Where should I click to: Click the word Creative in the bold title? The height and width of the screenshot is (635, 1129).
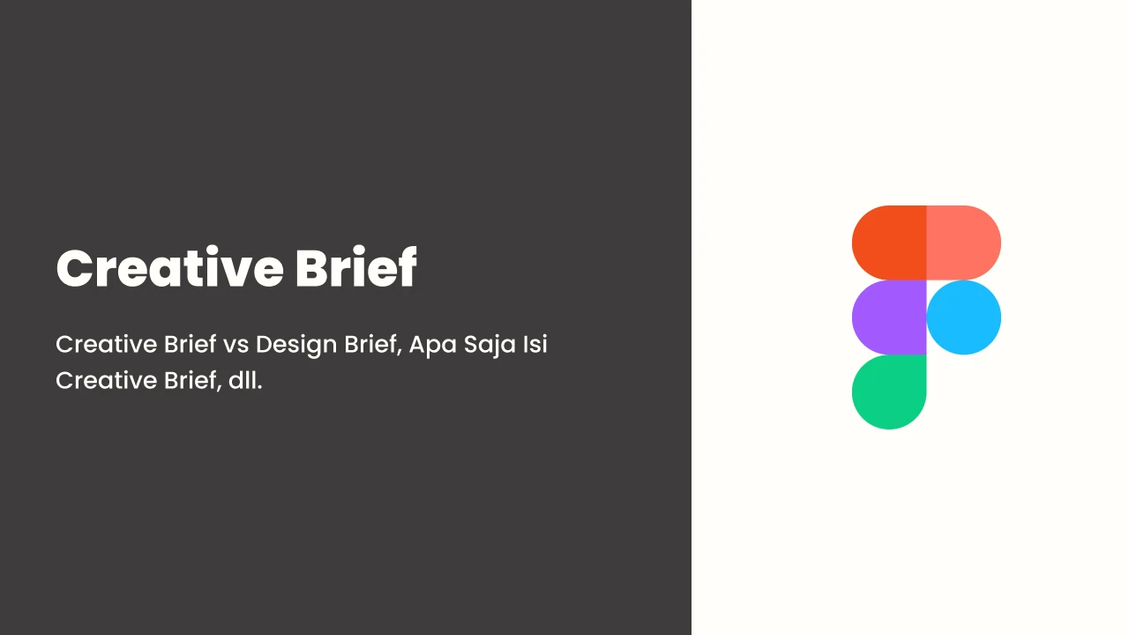[170, 267]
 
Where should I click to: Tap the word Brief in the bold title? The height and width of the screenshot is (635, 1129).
[356, 266]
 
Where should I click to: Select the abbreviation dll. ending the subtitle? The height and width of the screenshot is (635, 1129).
[245, 380]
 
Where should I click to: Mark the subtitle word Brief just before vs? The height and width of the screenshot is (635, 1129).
[190, 344]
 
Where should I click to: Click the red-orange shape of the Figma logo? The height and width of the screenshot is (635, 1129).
[889, 243]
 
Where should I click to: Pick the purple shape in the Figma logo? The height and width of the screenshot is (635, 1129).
[889, 317]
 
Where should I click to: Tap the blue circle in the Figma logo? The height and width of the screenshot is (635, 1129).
[964, 317]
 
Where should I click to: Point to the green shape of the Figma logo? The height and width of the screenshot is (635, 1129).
[889, 392]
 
